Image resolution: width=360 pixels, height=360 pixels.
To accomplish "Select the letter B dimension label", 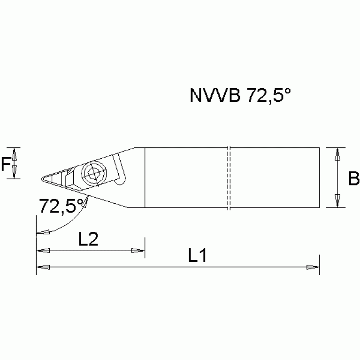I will (x=353, y=178).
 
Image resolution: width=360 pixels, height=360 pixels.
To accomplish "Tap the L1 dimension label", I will (x=198, y=256).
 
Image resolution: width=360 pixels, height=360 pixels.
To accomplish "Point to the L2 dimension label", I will (x=88, y=239).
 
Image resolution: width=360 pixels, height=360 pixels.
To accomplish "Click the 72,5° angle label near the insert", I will (x=60, y=205).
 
